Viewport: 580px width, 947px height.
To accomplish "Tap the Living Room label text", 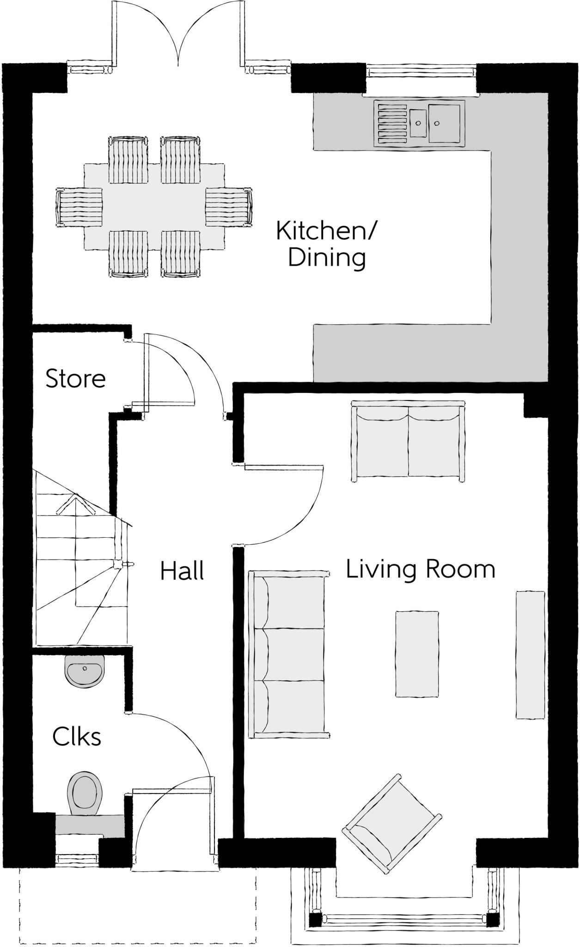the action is pos(421,569).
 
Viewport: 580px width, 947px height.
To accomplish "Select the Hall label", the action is pos(182,571).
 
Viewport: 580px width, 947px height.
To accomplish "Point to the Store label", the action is pos(76,379).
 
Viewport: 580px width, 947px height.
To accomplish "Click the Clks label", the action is pos(77,737).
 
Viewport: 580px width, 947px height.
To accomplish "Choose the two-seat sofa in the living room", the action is pos(409,442).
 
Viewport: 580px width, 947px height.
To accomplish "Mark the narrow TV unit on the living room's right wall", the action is pos(530,655).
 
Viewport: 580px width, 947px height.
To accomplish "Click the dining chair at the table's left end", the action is pos(79,207).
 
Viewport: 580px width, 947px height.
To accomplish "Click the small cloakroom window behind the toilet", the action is pos(78,859).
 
